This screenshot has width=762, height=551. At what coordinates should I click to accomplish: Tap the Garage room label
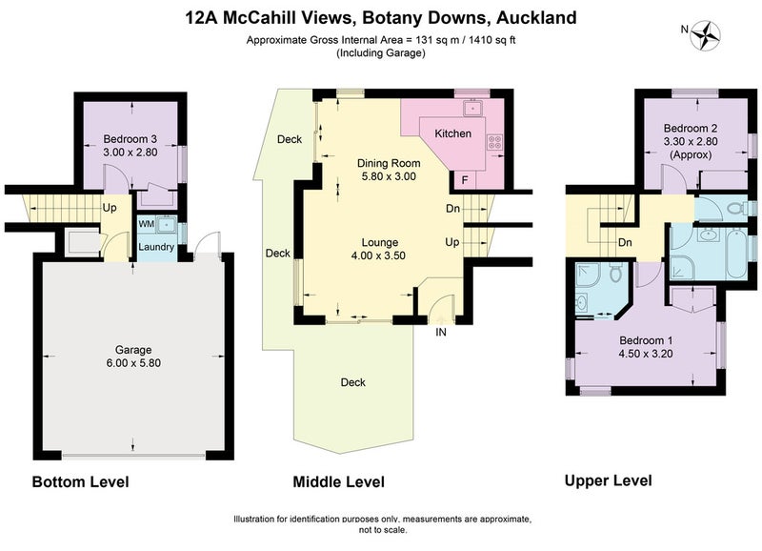tap(133, 350)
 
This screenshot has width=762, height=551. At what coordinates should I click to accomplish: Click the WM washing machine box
tap(147, 224)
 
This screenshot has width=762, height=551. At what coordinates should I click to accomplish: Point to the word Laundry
tap(156, 248)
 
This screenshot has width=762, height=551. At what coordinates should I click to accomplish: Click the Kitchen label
tap(452, 133)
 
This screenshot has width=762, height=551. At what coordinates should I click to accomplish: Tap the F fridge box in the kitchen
tap(464, 179)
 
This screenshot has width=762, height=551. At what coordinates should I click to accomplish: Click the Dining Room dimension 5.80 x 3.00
tap(387, 176)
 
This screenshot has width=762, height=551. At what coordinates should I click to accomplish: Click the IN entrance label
tap(441, 333)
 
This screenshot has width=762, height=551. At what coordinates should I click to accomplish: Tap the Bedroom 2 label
tap(691, 129)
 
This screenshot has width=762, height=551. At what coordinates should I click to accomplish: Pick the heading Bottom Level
tap(80, 481)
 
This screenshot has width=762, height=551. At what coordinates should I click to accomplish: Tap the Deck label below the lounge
tap(353, 382)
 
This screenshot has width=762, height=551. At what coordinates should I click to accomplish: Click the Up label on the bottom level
tap(110, 207)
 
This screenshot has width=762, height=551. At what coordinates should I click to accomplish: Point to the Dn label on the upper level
tap(626, 242)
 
